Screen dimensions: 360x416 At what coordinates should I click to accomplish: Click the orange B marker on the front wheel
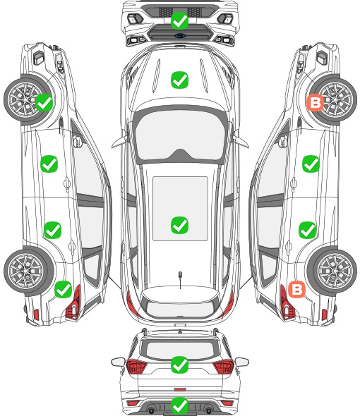click(x=316, y=102)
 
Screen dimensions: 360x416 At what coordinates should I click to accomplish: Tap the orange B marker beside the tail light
click(x=296, y=289)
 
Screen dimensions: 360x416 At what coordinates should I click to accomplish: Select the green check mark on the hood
click(x=179, y=80)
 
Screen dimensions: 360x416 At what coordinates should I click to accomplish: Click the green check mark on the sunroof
click(x=179, y=225)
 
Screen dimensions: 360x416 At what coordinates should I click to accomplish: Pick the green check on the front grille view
click(x=179, y=20)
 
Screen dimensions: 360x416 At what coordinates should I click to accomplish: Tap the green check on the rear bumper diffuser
click(x=179, y=405)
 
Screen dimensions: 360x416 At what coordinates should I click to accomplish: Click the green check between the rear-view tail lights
click(x=179, y=365)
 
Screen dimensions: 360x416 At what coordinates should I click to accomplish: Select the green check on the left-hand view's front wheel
click(x=44, y=102)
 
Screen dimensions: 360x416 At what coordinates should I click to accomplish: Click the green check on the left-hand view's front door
click(x=49, y=164)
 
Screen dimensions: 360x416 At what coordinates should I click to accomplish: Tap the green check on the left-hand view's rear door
click(x=53, y=230)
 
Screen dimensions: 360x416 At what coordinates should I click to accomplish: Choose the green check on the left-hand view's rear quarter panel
click(x=64, y=289)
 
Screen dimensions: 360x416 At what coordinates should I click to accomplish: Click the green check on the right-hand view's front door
click(x=311, y=164)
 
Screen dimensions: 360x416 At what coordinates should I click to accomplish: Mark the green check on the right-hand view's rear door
click(x=307, y=230)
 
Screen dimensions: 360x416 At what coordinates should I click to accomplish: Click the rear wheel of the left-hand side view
click(x=27, y=271)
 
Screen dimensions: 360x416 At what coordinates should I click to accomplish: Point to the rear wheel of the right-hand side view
click(x=334, y=271)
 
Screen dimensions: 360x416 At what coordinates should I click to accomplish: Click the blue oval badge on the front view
click(x=180, y=35)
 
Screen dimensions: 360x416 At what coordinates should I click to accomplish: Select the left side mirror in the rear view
click(x=118, y=362)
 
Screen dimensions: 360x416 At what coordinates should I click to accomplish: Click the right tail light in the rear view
click(x=224, y=367)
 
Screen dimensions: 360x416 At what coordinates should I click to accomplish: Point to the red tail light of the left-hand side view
click(x=74, y=303)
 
